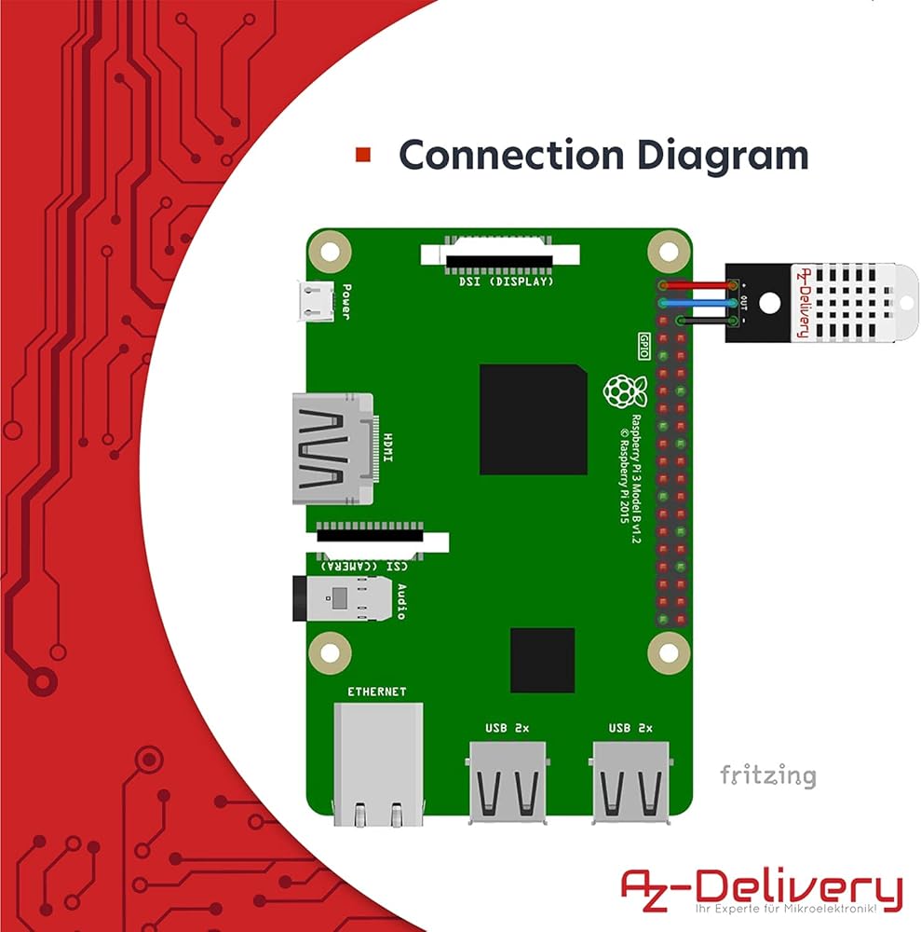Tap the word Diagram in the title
707,155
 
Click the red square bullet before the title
363,155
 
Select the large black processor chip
533,418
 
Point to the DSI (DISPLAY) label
507,281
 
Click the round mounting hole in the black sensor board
769,301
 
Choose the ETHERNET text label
376,692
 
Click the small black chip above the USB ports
542,660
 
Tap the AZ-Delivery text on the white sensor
800,301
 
